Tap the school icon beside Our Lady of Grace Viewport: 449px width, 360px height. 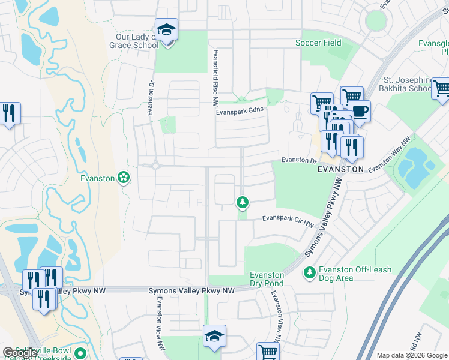point(166,29)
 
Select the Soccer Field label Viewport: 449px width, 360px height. point(318,43)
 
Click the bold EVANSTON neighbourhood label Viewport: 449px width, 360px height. point(340,169)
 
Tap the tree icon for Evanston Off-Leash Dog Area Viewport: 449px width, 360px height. point(310,273)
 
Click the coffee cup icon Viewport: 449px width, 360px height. point(360,112)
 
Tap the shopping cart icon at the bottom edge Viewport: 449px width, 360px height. point(268,353)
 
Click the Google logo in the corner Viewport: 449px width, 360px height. point(20,353)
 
